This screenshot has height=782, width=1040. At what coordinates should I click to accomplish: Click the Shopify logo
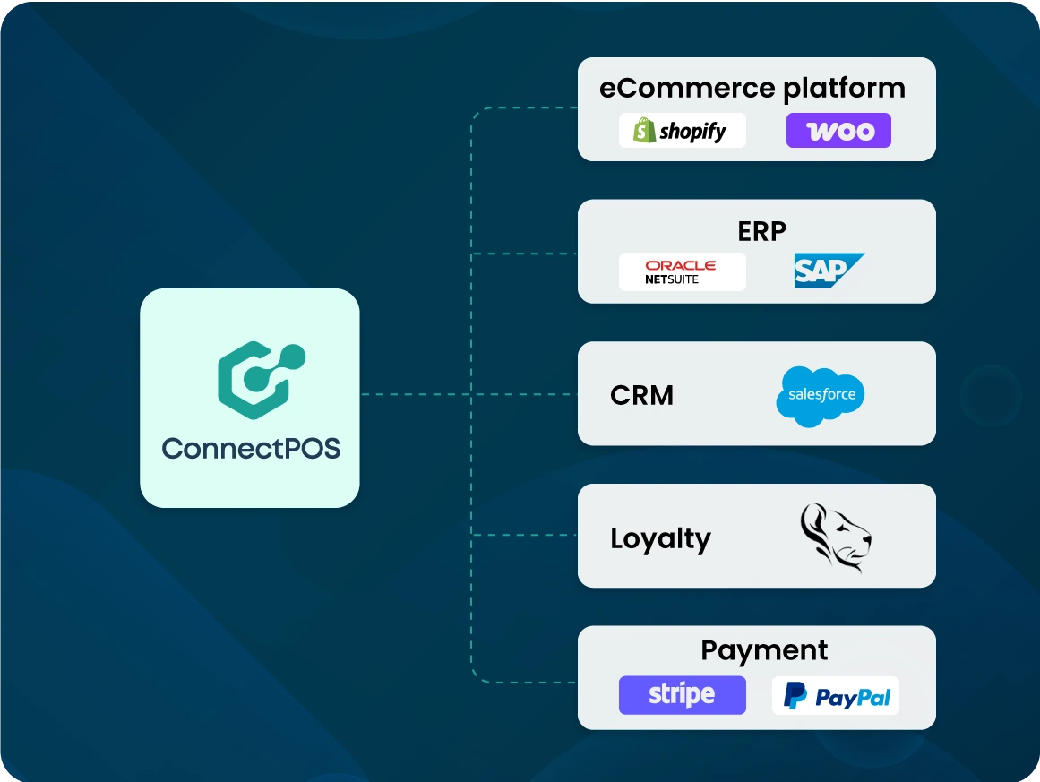tap(682, 131)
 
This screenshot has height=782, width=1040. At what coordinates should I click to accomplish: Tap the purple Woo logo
tap(838, 131)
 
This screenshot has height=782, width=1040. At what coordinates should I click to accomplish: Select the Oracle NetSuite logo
tap(682, 271)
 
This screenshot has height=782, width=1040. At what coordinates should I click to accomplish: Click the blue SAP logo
tap(828, 271)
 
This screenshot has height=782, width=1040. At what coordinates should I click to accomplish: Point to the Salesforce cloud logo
tap(821, 395)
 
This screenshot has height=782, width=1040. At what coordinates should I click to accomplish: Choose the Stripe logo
tap(682, 695)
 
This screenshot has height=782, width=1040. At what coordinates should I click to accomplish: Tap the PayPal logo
tap(836, 696)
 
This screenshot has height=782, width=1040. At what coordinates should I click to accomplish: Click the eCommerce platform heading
tap(752, 89)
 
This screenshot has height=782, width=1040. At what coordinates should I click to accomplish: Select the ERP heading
tap(761, 231)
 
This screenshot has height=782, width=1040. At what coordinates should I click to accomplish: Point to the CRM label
tap(641, 395)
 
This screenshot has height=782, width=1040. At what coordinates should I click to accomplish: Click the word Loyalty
tap(660, 538)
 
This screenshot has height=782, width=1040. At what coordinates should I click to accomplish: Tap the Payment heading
tap(764, 650)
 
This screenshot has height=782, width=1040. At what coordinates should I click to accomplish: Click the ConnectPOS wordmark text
tap(251, 448)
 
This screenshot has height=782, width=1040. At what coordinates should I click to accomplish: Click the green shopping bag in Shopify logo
tap(644, 131)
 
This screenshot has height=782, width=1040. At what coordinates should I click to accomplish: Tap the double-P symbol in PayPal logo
tap(795, 696)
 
